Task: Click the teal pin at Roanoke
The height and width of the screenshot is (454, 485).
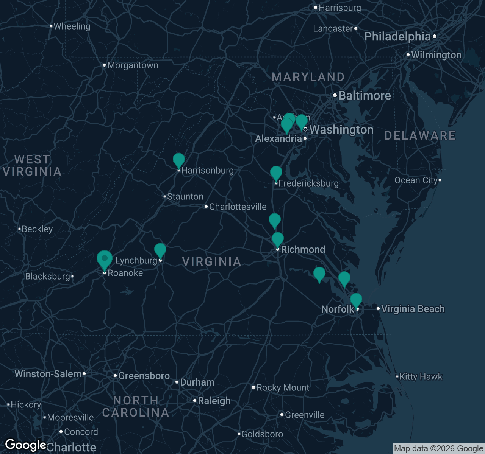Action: [104, 259]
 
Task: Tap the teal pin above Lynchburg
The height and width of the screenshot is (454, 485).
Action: [160, 250]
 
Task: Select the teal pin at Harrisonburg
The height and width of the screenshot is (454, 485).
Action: [179, 160]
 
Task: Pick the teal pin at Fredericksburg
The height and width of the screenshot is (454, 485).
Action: [276, 173]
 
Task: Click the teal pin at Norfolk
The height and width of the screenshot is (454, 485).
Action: [356, 300]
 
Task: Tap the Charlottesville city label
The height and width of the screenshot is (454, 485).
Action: [238, 207]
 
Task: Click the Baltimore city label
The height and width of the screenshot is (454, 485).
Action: [365, 96]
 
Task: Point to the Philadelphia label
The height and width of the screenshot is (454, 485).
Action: [397, 37]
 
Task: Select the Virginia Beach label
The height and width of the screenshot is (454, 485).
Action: [413, 309]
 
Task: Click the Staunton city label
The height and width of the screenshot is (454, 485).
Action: [185, 197]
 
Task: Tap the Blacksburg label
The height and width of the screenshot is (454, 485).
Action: [47, 277]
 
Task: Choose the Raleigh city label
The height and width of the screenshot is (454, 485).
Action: [214, 401]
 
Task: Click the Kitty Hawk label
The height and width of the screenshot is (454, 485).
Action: [421, 377]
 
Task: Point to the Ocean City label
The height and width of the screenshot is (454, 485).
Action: [416, 180]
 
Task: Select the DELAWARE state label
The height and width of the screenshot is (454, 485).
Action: [420, 136]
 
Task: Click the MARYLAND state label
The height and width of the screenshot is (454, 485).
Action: [308, 77]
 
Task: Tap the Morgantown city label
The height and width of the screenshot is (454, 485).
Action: [133, 65]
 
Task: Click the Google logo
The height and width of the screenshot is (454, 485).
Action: [25, 445]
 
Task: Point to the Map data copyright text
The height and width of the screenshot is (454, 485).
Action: [438, 449]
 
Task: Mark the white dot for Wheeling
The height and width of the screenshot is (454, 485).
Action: [51, 26]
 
